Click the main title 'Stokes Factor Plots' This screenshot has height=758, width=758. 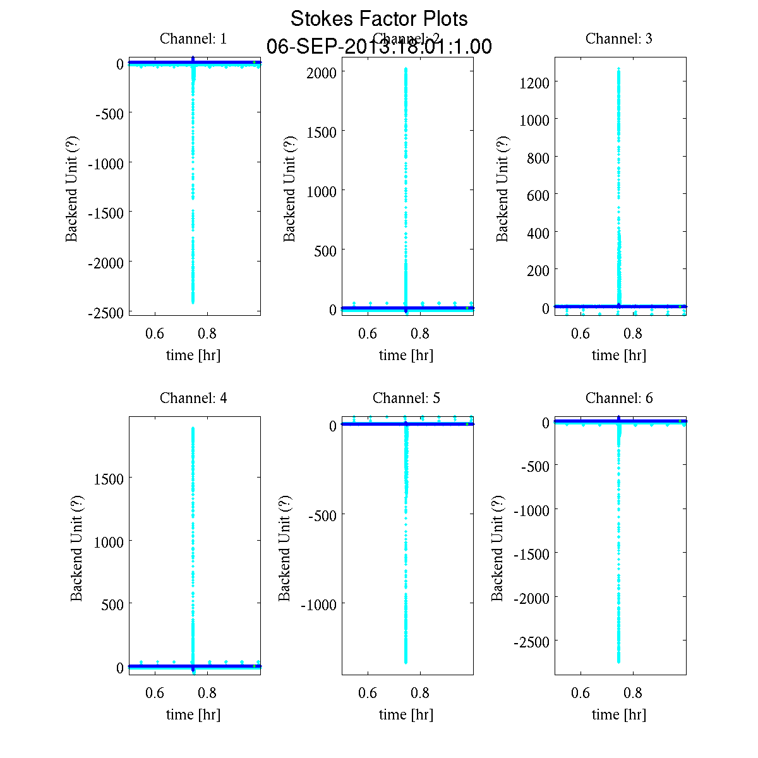click(379, 19)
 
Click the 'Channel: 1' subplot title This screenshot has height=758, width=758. click(193, 39)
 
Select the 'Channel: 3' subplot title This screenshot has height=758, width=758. click(619, 39)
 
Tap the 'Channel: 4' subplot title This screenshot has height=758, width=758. click(193, 399)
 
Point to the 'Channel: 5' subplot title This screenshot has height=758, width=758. click(406, 399)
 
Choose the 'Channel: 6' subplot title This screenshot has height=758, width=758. click(619, 399)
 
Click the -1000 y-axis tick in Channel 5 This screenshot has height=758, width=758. click(323, 605)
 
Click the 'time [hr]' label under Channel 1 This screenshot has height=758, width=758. click(193, 356)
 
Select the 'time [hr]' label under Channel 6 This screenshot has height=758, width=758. click(619, 715)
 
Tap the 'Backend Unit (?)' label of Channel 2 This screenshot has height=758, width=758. click(289, 188)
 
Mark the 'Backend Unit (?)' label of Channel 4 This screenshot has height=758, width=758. click(76, 548)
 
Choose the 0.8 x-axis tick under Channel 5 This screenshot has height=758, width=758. click(420, 694)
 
